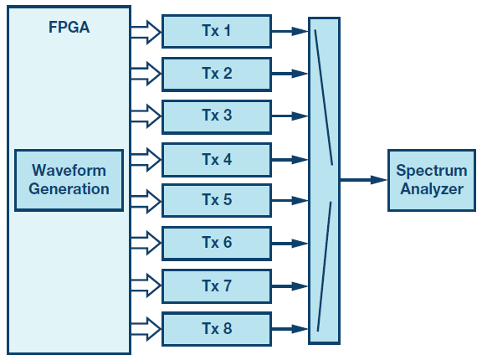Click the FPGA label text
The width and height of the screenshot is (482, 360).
coord(69,27)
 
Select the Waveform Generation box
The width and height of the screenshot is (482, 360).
coord(69,180)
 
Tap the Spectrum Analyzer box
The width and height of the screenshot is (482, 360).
coord(432,180)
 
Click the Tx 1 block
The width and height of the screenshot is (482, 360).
coord(217,31)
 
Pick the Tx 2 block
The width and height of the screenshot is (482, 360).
coord(217,74)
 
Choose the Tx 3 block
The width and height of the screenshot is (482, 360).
coord(217,117)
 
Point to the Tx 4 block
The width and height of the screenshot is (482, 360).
coord(217,160)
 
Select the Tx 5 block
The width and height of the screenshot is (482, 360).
coord(217,200)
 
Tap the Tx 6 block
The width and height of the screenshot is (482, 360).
coord(217,244)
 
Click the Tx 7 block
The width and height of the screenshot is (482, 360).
coord(217,286)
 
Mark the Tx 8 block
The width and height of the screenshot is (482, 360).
coord(217,329)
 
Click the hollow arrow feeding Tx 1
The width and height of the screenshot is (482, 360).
coord(146,32)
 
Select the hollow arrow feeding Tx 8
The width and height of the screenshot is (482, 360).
coord(146,329)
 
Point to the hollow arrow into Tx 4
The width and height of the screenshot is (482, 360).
coord(146,160)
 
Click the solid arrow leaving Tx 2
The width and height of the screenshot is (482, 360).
coord(290,74)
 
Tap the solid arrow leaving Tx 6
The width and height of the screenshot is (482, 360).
coord(290,244)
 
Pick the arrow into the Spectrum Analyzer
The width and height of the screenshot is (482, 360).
coord(363,180)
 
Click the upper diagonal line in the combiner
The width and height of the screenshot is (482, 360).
coord(324,97)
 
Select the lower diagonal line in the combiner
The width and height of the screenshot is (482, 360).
coord(325,266)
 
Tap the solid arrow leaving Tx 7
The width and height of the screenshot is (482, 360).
coord(290,286)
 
